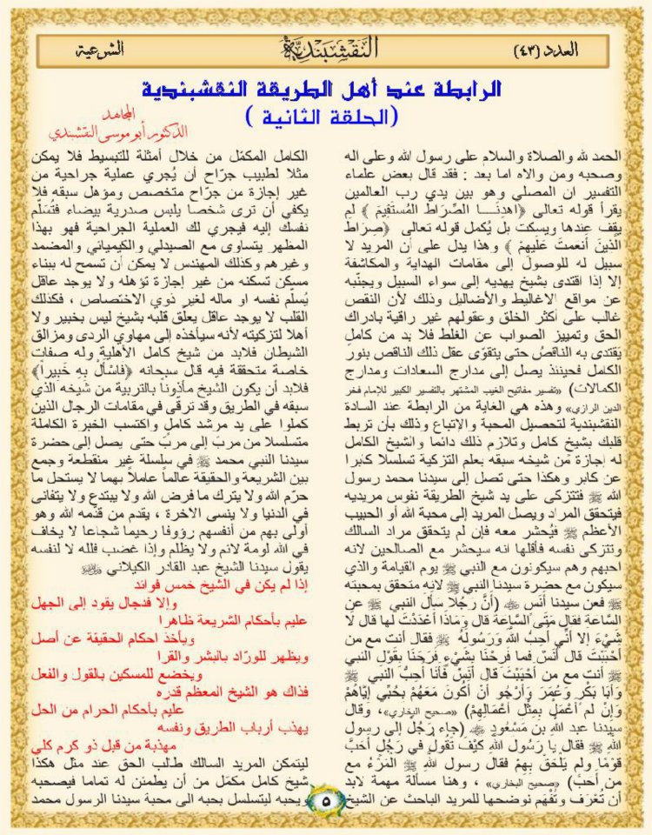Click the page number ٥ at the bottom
(325, 793)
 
